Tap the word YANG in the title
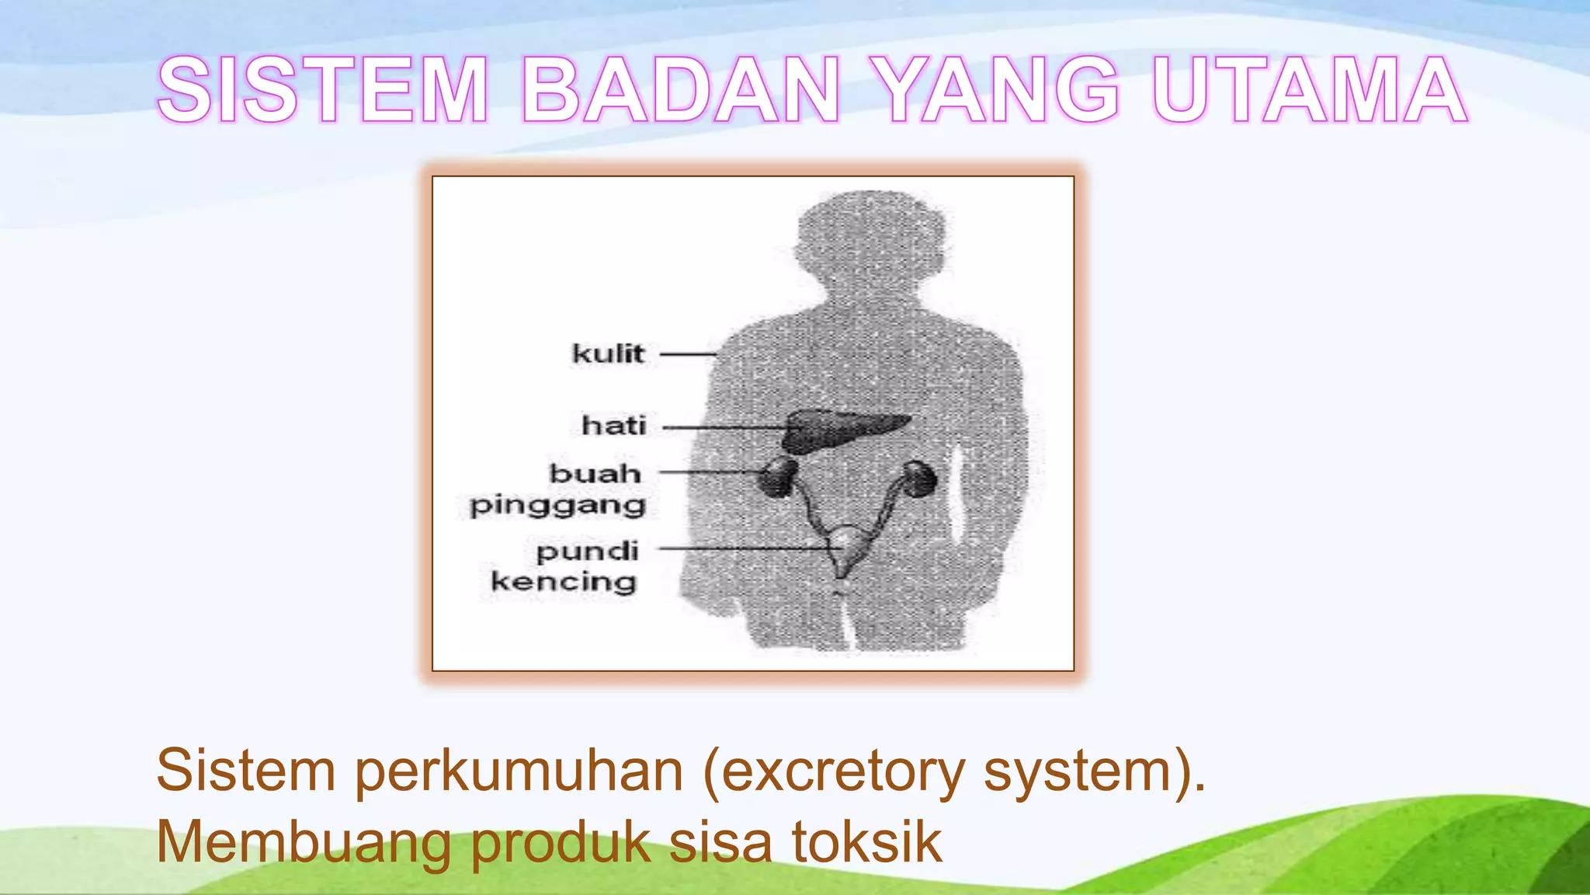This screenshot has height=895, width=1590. [1002, 90]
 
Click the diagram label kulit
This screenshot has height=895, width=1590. [608, 353]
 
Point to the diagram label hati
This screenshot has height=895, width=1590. [613, 426]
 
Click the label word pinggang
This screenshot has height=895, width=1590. [557, 506]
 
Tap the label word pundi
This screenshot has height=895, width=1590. [587, 552]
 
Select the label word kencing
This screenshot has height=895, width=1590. [564, 582]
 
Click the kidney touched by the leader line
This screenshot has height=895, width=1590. [778, 477]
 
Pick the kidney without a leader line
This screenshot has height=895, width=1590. [919, 479]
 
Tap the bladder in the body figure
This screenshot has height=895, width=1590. [843, 548]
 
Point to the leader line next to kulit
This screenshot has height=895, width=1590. [688, 354]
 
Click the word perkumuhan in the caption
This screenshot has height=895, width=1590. [519, 771]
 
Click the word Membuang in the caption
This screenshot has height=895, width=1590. [303, 842]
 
